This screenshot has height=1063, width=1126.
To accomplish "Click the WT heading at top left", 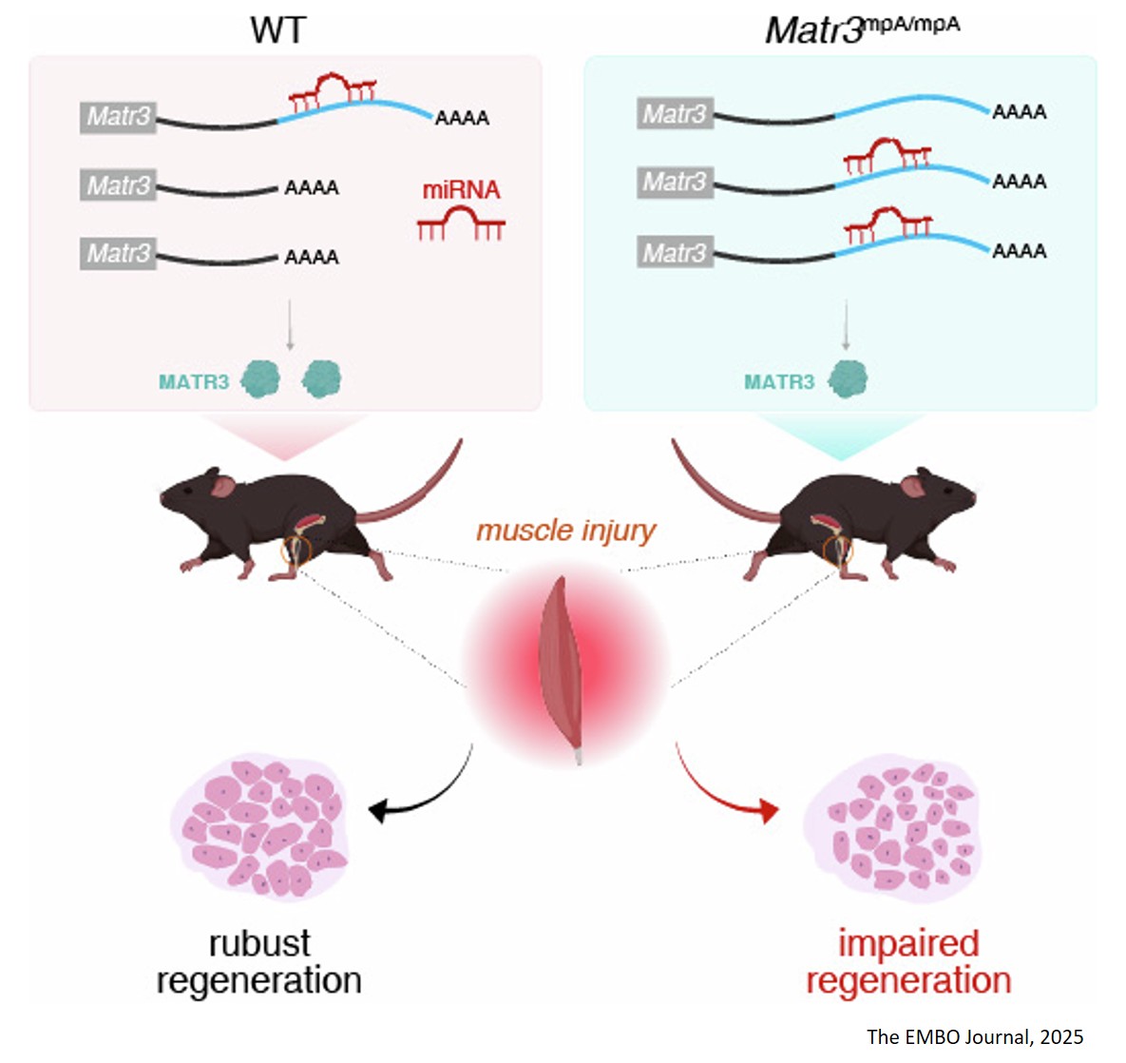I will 277,30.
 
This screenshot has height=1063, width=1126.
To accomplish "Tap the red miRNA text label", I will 461,190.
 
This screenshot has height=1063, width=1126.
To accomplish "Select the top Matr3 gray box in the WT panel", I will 118,117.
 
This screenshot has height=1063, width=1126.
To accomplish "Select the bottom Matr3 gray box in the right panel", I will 675,253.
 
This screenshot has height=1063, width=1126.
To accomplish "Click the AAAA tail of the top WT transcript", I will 462,119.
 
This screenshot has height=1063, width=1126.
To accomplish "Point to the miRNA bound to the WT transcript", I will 333,88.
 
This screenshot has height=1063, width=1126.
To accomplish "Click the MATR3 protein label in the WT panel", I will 194,382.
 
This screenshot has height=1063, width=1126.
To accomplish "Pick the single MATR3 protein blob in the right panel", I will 848,380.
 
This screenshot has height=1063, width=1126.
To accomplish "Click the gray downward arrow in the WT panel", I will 290,327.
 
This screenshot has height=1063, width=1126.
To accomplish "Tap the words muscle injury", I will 565,530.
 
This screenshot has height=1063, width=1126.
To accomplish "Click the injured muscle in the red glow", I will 561,666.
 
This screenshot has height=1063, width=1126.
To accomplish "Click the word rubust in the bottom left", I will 258,943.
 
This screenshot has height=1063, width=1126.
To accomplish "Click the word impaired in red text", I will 907,943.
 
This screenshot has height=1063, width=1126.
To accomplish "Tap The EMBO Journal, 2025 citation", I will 975,1036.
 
